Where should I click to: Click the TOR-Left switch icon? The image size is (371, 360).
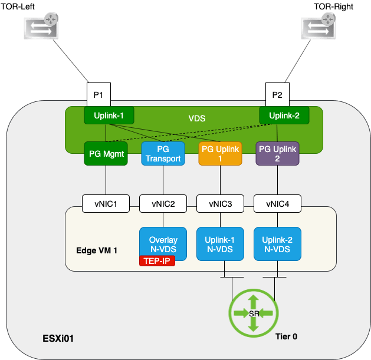(41, 28)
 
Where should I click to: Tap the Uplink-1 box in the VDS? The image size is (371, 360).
(109, 115)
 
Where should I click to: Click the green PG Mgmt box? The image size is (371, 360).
(106, 153)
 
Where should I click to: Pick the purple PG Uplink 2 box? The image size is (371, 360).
(277, 153)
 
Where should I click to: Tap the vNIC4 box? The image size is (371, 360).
(278, 204)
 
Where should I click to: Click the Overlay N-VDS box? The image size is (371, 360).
(163, 244)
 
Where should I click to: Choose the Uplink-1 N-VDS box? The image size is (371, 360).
(221, 244)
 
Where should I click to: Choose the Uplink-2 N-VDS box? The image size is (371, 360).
(278, 244)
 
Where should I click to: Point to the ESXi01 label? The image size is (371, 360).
(57, 339)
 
